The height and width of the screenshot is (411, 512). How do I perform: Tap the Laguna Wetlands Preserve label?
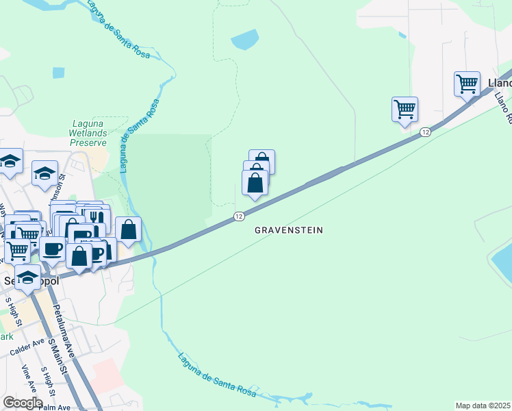point(89,134)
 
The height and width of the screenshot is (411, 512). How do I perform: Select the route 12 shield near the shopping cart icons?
point(425,132)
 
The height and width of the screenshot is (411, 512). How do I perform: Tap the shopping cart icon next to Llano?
point(467,84)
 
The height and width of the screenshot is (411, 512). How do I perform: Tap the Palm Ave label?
point(55,408)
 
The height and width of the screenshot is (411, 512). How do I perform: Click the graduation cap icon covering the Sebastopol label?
point(27,277)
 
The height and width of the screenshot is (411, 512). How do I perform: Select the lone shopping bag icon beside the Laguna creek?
point(128,229)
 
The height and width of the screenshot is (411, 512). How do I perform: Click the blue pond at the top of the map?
point(245,40)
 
